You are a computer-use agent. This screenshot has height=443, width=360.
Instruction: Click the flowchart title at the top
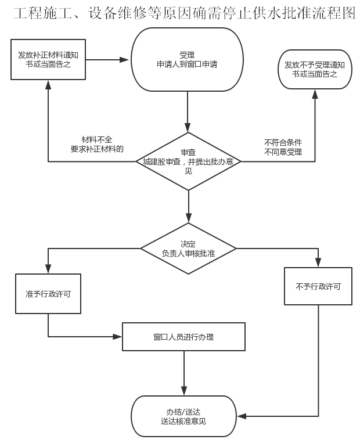[x=184, y=13]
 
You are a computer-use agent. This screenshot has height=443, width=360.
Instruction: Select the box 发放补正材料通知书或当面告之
[x=48, y=59]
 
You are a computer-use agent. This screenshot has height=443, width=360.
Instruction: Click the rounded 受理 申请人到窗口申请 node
[x=187, y=59]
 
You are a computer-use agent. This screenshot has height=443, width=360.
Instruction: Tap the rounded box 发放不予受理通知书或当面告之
[x=315, y=70]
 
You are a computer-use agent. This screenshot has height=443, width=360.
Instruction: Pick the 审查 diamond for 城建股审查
[x=189, y=161]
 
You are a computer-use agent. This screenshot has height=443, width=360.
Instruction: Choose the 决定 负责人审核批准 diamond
[x=189, y=248]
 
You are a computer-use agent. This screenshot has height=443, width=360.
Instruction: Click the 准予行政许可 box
[x=48, y=294]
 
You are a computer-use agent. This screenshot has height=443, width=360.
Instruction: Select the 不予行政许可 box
[x=318, y=286]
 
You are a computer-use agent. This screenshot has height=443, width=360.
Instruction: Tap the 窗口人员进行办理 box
[x=183, y=337]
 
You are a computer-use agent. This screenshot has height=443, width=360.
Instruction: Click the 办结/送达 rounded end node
[x=183, y=416]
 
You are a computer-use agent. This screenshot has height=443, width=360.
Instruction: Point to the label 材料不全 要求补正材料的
[x=97, y=144]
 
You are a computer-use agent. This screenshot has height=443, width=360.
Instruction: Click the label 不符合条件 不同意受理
[x=283, y=147]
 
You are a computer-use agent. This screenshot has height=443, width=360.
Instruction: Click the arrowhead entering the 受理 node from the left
[x=124, y=60]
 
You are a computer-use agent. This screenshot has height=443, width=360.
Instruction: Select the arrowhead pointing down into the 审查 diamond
[x=188, y=127]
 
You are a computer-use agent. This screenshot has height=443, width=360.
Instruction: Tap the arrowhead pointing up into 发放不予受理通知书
[x=315, y=95]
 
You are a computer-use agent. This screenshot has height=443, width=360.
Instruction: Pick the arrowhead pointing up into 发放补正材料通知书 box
[x=48, y=85]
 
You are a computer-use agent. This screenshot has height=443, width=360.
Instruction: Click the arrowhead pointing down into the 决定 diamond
[x=189, y=218]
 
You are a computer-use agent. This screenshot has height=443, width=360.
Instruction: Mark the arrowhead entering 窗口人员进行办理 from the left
[x=117, y=337]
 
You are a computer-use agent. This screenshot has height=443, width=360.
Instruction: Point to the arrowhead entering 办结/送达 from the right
[x=242, y=416]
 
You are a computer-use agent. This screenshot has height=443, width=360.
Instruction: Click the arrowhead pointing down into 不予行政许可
[x=318, y=262]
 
